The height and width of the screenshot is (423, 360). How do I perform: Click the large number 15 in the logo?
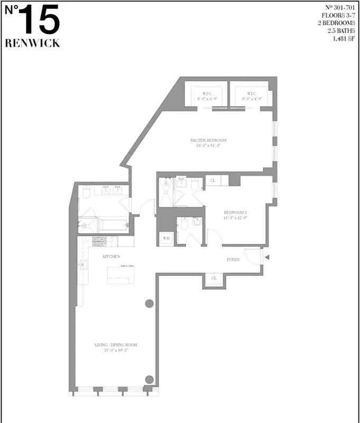click(41, 21)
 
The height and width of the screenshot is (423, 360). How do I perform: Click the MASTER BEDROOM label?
click(208, 140)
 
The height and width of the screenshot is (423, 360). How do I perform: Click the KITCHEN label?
click(112, 256)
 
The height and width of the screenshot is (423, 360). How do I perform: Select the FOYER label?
click(233, 260)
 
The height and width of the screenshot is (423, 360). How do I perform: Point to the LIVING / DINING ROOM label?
click(116, 345)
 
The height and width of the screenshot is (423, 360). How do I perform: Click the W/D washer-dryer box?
click(167, 238)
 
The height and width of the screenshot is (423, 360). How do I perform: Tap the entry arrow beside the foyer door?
click(267, 258)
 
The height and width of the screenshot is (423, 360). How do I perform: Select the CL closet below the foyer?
click(214, 278)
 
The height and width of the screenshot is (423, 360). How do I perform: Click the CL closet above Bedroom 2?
click(213, 181)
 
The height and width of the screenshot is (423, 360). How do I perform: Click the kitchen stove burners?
click(99, 242)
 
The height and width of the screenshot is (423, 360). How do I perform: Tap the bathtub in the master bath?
click(113, 225)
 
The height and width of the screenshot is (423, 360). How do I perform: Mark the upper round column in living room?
click(150, 304)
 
